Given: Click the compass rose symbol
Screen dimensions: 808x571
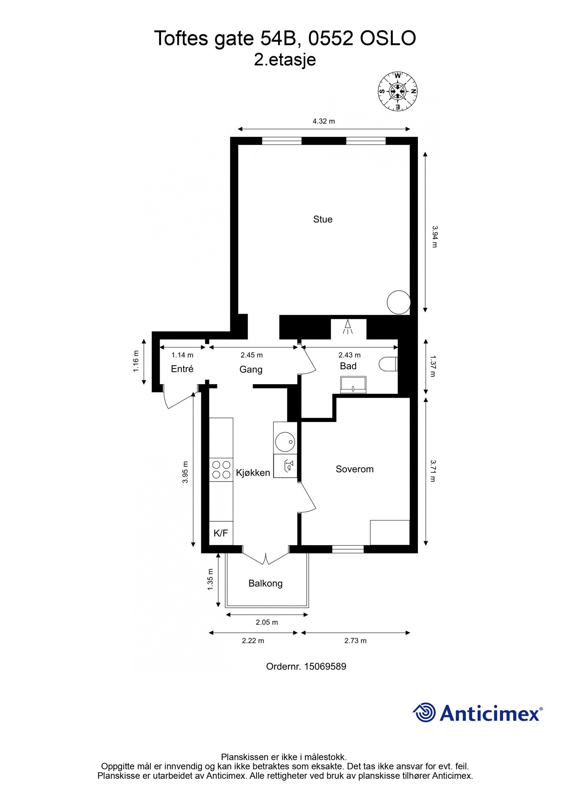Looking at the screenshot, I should (x=398, y=91).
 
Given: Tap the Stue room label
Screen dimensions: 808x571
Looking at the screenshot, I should (x=323, y=219).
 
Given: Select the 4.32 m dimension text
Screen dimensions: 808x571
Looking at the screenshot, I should (x=324, y=121).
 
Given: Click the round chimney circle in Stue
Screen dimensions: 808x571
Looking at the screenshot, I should (x=399, y=302).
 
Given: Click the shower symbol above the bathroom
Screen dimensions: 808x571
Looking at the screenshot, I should (x=348, y=327).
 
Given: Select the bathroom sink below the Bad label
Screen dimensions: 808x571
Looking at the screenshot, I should (x=353, y=385).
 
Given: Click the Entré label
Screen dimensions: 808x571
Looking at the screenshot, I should (x=182, y=369).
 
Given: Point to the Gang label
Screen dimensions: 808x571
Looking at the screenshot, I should (x=251, y=369).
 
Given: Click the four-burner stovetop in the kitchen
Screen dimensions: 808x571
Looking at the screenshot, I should (x=221, y=470).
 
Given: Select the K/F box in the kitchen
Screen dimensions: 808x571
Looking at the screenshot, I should (x=221, y=533).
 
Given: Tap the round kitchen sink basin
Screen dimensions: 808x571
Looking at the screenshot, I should (x=285, y=442).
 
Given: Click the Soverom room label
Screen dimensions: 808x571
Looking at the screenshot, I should (x=354, y=469).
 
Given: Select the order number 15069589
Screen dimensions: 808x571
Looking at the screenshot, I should (x=325, y=666).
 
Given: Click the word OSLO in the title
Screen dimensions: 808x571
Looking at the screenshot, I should (x=388, y=39).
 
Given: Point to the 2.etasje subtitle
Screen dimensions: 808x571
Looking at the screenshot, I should (x=285, y=60).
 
